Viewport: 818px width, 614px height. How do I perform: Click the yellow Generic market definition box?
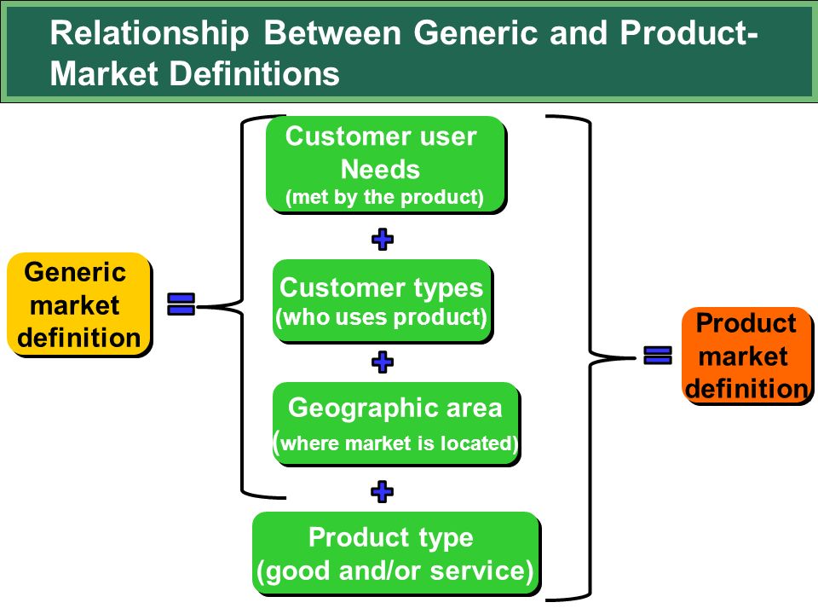pos(78,304)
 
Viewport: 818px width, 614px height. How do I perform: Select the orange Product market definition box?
pos(747,356)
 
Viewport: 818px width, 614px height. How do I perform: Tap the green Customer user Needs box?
pos(386,165)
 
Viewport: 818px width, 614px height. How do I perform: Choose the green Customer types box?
pos(383,301)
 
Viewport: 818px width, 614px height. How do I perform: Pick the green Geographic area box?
pos(396,424)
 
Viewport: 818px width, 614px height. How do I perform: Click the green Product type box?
pos(396,553)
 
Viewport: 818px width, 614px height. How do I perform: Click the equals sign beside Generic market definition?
pos(181,304)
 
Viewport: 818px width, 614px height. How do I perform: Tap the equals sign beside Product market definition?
pos(657,356)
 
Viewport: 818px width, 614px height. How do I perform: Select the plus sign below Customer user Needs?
pos(383,239)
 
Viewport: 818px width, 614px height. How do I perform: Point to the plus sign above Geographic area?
pos(383,362)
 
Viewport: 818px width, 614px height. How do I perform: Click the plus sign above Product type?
pos(383,491)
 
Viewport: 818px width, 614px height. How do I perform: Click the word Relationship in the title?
pos(150,34)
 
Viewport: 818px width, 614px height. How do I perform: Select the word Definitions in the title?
pos(255,73)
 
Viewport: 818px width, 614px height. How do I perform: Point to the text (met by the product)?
pos(384,197)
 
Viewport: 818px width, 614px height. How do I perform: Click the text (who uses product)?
pos(382,317)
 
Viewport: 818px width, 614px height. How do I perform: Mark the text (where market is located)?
pos(396,443)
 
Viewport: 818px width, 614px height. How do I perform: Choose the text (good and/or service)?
pos(395,571)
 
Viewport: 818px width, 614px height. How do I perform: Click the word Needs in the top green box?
pos(380,170)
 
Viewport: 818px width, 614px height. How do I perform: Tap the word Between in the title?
pos(331,32)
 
